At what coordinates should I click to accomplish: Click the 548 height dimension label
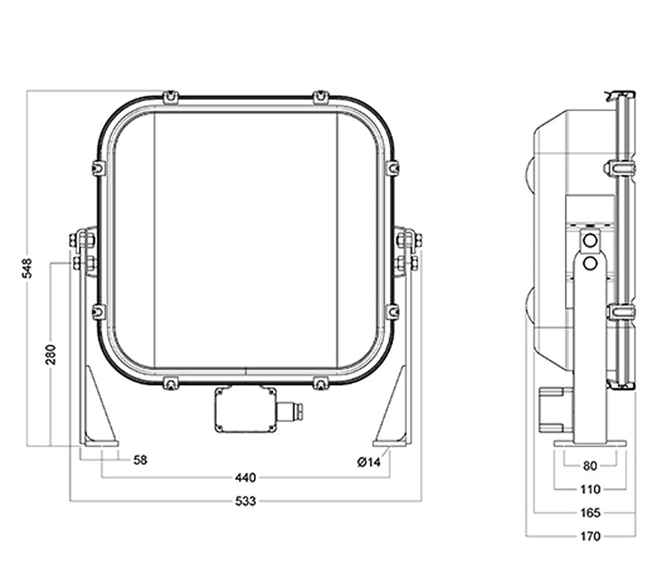click(x=27, y=268)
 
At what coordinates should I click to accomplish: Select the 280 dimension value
click(x=51, y=354)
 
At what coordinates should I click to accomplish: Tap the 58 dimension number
click(x=140, y=460)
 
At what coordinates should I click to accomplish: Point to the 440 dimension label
click(x=245, y=478)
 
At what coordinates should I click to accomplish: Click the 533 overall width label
click(x=245, y=501)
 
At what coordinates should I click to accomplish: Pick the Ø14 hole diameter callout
click(x=369, y=462)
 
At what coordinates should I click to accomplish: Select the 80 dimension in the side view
click(x=590, y=466)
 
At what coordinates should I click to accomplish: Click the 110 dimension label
click(x=590, y=490)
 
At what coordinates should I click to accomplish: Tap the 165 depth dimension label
click(x=590, y=512)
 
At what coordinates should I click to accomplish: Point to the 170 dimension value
click(x=590, y=536)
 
